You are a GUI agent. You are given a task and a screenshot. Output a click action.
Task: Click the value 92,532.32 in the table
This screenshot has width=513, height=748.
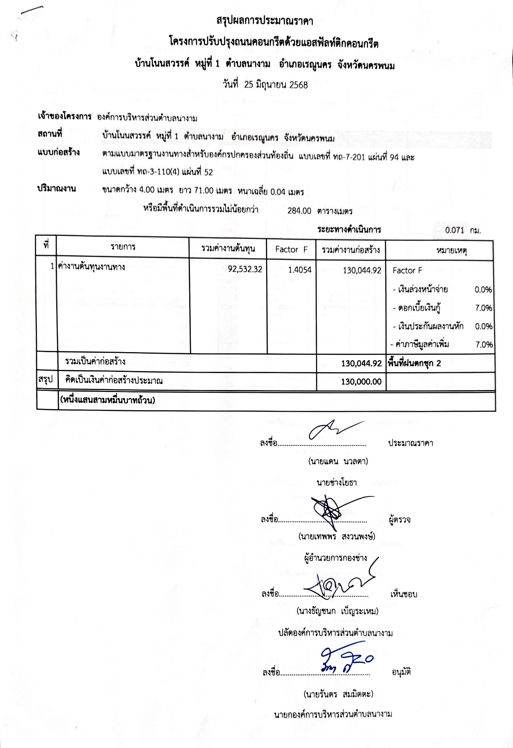[x=245, y=269]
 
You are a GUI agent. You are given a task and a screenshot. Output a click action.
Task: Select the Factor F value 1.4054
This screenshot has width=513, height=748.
[x=299, y=270]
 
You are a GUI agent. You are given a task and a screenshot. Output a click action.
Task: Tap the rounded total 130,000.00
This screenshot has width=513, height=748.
[x=361, y=382]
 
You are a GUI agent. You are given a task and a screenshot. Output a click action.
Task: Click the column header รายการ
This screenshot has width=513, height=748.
[x=123, y=247]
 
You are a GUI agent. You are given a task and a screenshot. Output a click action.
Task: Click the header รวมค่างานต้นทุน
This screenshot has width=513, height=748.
[x=228, y=249]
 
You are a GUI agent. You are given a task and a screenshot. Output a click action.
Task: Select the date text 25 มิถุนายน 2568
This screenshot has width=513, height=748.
[x=276, y=85]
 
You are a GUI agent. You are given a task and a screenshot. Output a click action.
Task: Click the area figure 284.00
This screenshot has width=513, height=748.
[x=299, y=211]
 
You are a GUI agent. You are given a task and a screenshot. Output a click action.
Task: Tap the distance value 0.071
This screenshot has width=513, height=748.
[x=454, y=230]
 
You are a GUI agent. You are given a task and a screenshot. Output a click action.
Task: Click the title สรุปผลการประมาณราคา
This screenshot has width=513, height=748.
[x=265, y=21]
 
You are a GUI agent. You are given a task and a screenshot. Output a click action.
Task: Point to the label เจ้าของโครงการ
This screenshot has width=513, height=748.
[x=64, y=117]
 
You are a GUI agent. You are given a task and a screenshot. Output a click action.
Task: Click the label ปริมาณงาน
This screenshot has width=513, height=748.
[x=57, y=189]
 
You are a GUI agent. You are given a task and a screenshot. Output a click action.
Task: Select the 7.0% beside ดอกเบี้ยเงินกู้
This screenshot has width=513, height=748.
[x=484, y=308]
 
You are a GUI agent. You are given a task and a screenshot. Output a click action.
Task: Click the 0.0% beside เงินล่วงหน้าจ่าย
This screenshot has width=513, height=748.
[x=483, y=289]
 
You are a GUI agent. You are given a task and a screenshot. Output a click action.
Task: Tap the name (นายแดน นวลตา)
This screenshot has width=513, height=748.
[x=338, y=461]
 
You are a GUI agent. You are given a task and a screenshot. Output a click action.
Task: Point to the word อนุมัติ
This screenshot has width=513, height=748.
[x=401, y=672]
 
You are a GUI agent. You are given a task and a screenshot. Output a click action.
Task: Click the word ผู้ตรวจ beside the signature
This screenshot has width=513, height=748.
[x=399, y=519]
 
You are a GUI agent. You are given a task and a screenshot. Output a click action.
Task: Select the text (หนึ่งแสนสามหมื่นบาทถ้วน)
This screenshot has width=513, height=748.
[x=107, y=400]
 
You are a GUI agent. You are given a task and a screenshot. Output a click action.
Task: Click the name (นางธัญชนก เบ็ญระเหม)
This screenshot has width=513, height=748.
[x=337, y=611]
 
